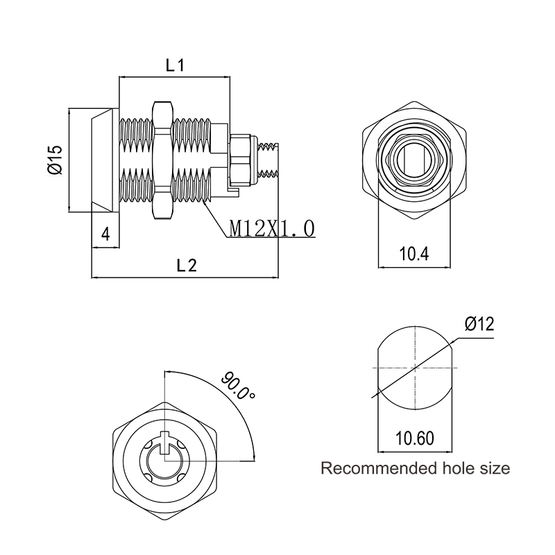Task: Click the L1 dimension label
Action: tap(176, 65)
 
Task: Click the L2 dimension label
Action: tap(187, 265)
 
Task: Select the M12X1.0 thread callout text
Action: tap(272, 228)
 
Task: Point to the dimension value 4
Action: tap(105, 234)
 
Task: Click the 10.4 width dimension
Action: tap(414, 254)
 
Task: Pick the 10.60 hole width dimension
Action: tap(414, 438)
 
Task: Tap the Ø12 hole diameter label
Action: tap(479, 323)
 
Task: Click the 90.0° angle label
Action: tap(238, 386)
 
